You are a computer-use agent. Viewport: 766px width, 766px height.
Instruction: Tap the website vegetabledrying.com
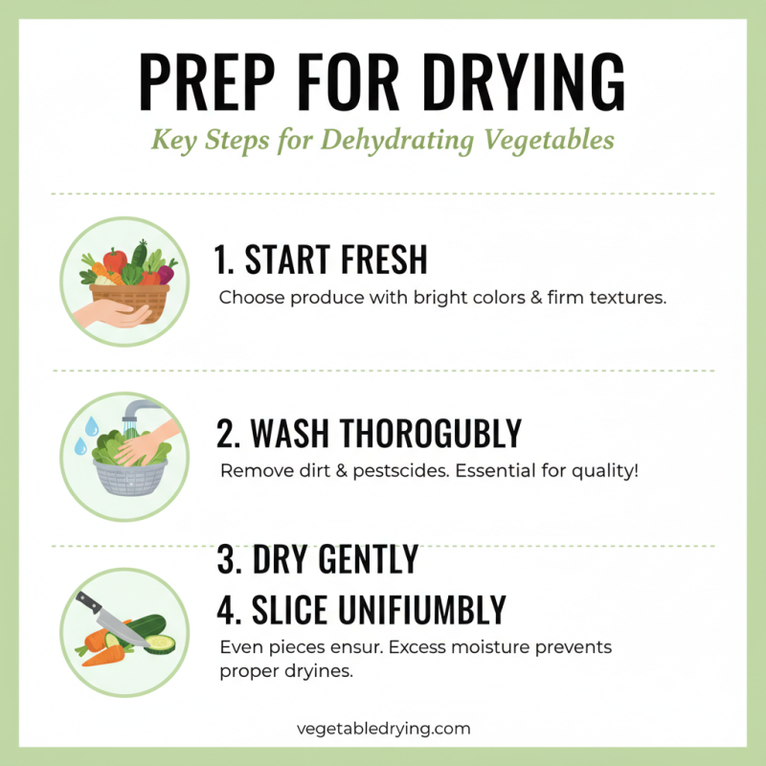[383, 728]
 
